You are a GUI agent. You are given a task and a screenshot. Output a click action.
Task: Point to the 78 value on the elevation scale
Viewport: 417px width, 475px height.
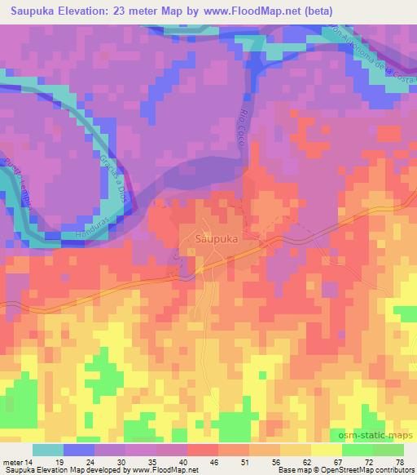pos(399,461)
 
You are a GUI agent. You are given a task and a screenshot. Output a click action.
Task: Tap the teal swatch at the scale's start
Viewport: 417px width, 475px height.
pos(48,450)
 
